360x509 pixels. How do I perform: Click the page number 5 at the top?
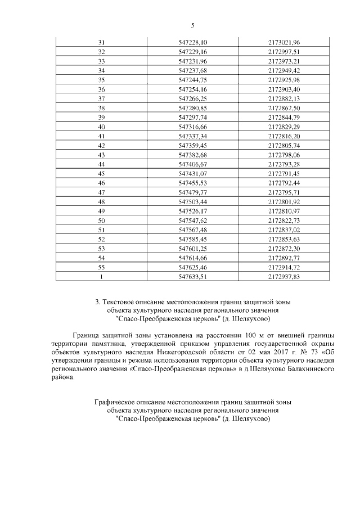(193, 25)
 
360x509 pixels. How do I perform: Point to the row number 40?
(101, 127)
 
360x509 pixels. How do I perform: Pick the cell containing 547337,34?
(193, 136)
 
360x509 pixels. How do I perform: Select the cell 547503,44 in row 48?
(193, 201)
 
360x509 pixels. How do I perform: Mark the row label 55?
(101, 267)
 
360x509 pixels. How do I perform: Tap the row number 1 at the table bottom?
(101, 276)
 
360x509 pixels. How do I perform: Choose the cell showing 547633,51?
(193, 276)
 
